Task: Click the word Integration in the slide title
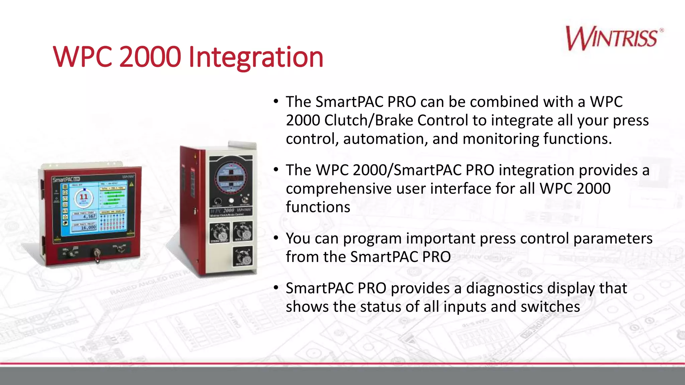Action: pos(256,57)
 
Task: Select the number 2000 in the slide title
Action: pos(150,57)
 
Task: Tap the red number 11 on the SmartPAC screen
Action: pos(84,197)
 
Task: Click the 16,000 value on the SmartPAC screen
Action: pos(88,228)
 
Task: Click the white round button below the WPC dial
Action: pos(231,201)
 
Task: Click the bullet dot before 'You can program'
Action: pos(276,238)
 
